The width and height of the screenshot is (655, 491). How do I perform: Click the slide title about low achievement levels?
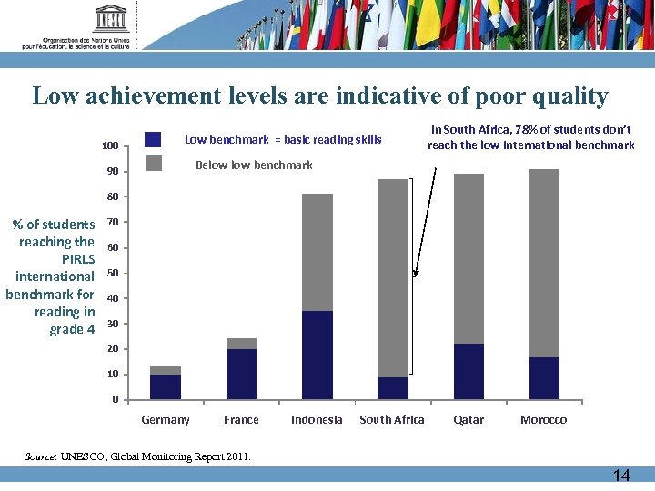coord(320,96)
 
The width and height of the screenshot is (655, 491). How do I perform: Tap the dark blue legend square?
coord(153,140)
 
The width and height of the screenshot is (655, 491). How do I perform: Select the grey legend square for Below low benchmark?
coord(153,164)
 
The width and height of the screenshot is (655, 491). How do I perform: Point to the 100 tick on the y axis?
coord(110,146)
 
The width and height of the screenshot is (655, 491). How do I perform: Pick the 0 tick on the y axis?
coord(115,400)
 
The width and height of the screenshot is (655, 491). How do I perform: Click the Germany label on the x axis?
coord(166,420)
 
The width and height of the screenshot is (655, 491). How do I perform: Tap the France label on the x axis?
coord(241,420)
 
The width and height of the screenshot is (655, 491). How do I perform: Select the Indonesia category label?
coord(317,420)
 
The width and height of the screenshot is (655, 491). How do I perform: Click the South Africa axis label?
coord(392,420)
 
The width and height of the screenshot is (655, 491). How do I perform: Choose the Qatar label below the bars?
coord(469,420)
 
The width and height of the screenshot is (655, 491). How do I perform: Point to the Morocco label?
coord(543,420)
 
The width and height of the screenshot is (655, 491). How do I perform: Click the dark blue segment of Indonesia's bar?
coord(317,355)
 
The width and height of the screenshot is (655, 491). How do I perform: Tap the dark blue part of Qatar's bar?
coord(469,371)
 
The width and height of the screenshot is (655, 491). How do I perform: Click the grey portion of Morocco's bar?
coord(544,264)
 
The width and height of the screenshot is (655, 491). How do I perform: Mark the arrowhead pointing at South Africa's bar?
coord(416,272)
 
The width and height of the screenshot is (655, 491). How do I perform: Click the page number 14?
coord(620,476)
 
